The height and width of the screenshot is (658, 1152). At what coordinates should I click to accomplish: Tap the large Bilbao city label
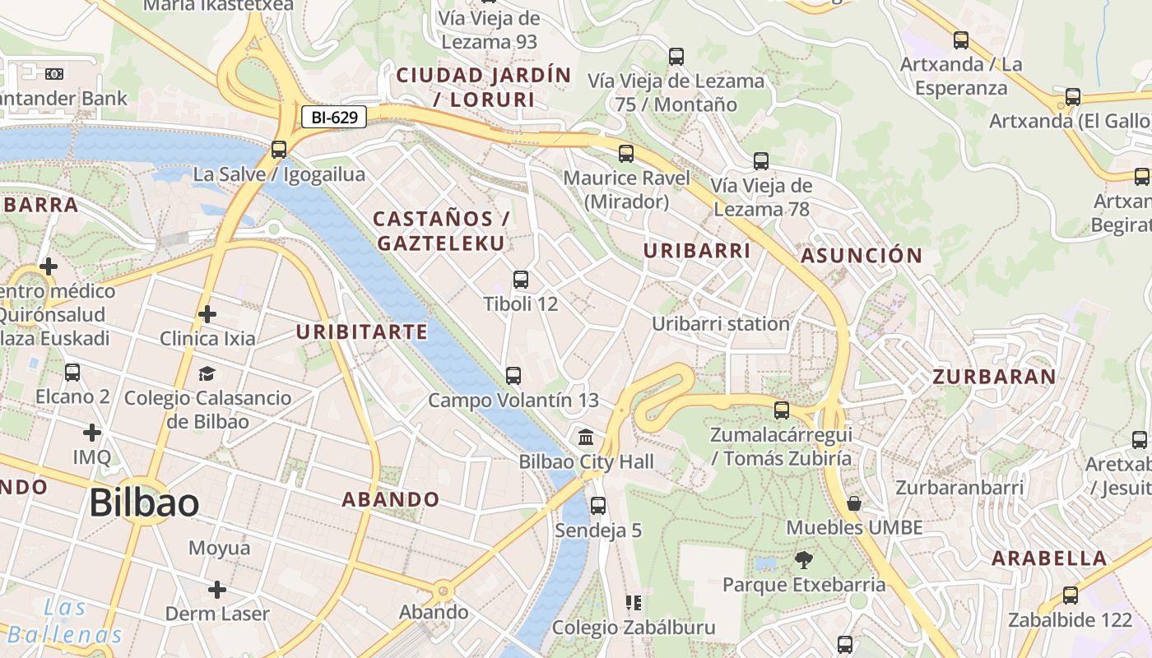click(144, 503)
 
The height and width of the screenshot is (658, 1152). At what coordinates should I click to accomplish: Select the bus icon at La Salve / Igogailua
click(279, 150)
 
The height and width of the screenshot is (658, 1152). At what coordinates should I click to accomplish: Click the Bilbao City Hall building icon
click(586, 437)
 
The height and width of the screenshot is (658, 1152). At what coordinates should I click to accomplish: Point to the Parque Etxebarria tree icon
click(803, 560)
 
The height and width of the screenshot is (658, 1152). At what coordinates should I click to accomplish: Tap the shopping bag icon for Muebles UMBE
click(854, 503)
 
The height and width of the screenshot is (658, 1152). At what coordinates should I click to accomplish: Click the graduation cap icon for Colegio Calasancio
click(207, 373)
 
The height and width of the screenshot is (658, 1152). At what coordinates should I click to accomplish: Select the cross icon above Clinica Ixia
click(207, 313)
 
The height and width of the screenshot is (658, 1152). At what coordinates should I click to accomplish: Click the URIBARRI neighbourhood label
click(697, 251)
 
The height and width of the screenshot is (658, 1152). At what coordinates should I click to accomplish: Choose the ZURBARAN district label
click(993, 377)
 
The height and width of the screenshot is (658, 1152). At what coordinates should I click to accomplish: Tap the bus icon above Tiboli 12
click(520, 280)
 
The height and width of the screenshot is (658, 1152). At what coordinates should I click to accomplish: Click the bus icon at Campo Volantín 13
click(513, 376)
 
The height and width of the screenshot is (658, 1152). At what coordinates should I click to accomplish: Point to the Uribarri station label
click(720, 324)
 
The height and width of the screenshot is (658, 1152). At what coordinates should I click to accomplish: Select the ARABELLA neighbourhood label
click(1048, 558)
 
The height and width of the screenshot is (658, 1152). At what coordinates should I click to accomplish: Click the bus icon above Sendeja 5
click(598, 505)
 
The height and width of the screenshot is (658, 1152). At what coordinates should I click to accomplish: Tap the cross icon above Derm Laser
click(217, 590)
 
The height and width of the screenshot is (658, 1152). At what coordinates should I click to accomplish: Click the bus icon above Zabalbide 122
click(1070, 595)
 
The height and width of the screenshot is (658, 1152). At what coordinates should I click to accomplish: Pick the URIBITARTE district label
click(361, 331)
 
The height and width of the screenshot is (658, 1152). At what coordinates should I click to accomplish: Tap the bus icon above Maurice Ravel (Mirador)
click(626, 153)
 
